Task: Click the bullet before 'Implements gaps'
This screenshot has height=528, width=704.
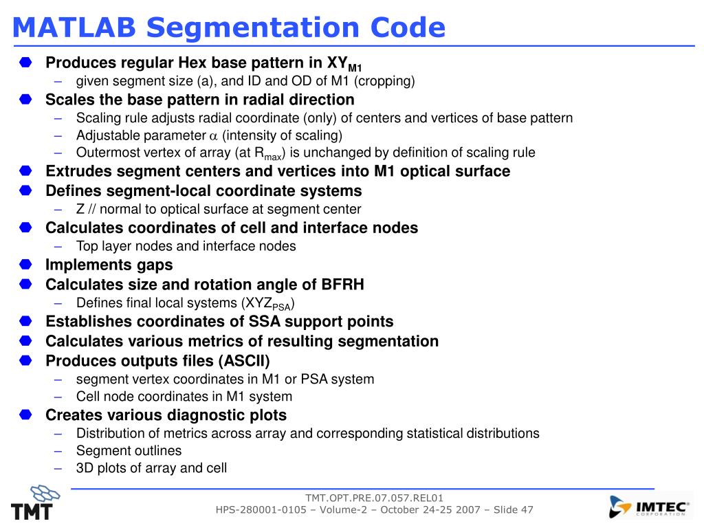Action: click(x=25, y=265)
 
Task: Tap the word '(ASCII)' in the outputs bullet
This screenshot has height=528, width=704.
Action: click(x=244, y=361)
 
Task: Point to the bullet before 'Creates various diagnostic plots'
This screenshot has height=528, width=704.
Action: click(x=25, y=415)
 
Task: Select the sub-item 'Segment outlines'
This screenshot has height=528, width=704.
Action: click(x=129, y=451)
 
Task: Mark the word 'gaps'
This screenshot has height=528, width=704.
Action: click(x=155, y=265)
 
